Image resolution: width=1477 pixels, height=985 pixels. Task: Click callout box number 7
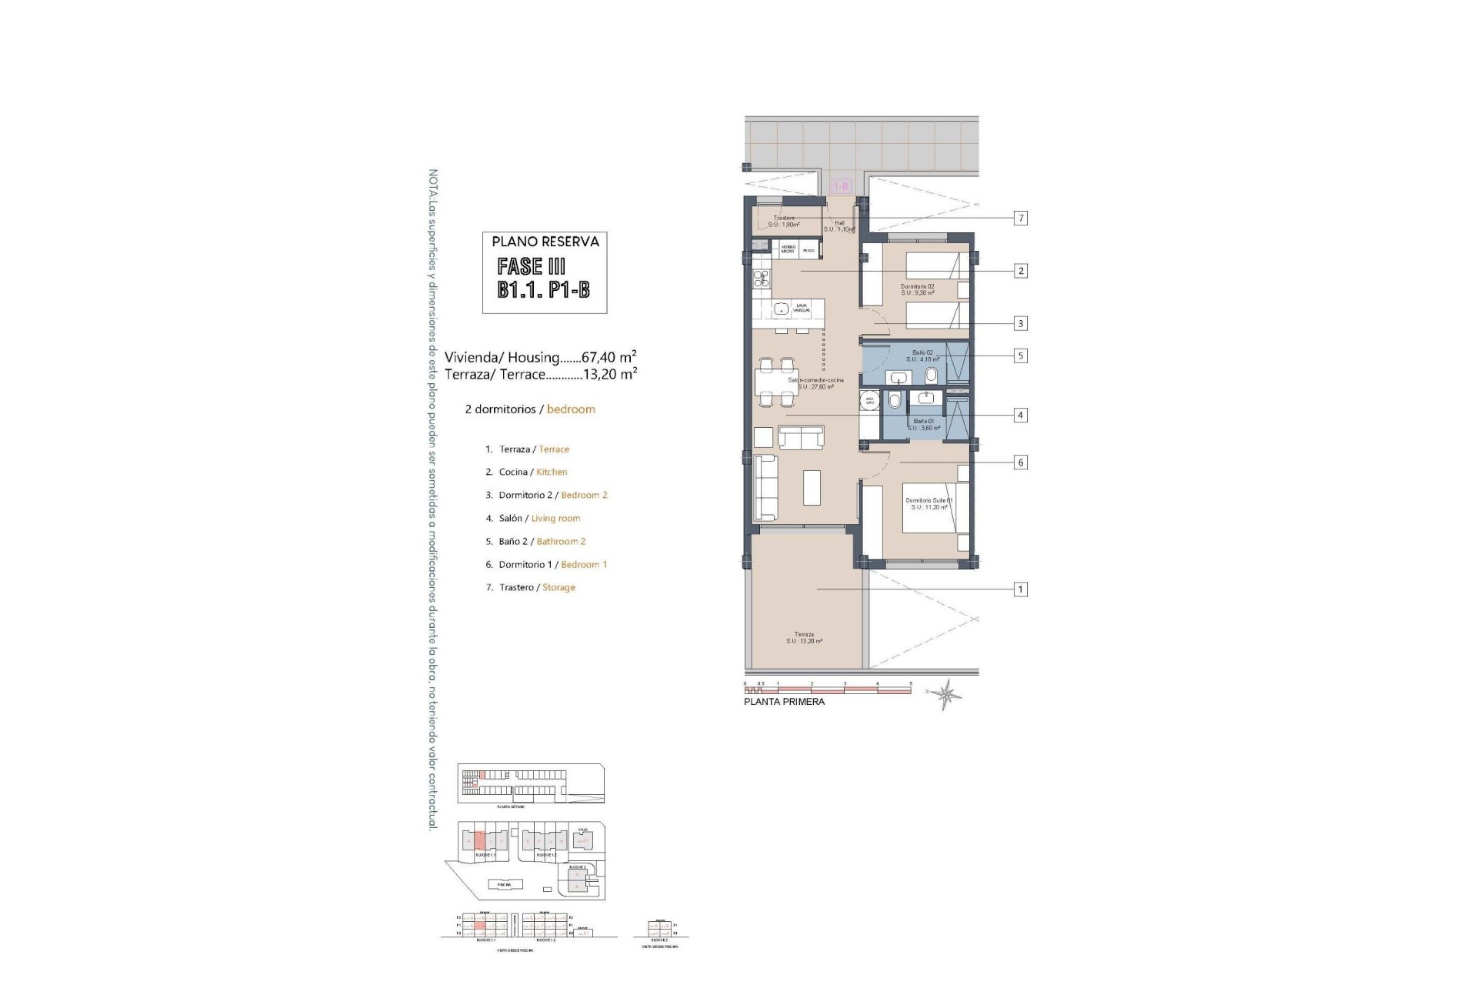tap(1021, 219)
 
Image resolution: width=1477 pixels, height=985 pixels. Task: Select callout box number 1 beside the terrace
tap(1021, 589)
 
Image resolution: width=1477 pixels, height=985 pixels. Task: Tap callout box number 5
tap(1021, 356)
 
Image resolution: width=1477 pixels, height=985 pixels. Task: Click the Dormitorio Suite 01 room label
tap(929, 503)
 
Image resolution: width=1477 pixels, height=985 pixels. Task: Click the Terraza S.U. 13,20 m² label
tap(804, 638)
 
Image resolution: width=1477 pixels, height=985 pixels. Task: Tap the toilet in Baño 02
tap(932, 376)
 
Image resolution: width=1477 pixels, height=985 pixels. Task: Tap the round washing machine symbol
tap(870, 401)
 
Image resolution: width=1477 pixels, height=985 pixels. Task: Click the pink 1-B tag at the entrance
tap(842, 186)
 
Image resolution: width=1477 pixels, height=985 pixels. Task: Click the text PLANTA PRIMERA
tap(784, 702)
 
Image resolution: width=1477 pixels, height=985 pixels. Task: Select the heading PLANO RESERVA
tap(545, 242)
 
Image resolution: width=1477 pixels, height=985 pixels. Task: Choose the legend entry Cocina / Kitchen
tap(532, 472)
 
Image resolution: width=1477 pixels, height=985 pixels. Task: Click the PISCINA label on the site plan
tap(504, 884)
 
